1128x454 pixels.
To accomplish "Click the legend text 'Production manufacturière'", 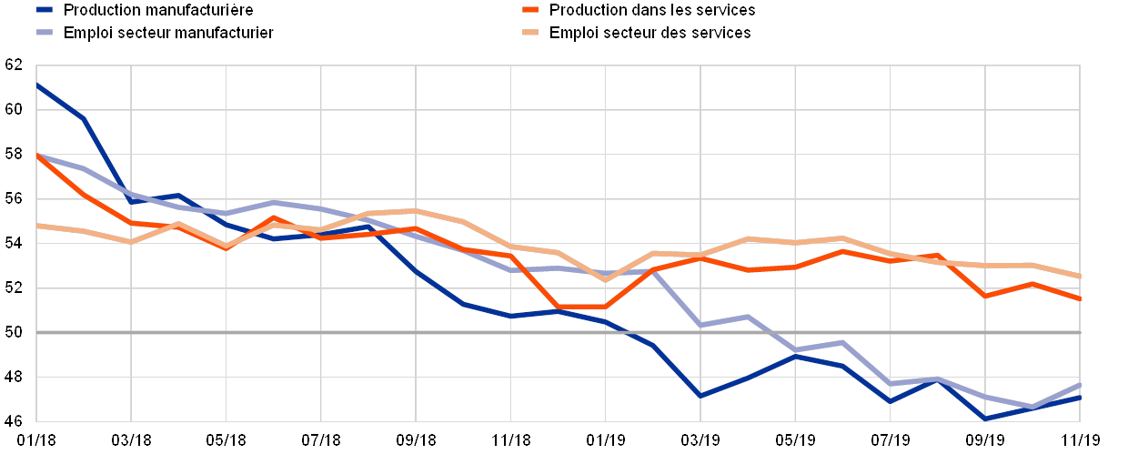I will pos(160,10).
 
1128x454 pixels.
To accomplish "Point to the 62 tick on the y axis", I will pos(14,66).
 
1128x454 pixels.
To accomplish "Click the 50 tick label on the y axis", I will pos(14,333).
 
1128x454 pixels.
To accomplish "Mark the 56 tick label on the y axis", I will pos(14,199).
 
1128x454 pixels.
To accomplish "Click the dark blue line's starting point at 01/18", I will pos(37,85).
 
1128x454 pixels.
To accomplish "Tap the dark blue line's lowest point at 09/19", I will pos(985,419).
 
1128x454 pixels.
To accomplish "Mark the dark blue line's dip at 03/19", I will pos(700,396).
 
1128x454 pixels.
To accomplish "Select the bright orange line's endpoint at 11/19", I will pos(1080,298).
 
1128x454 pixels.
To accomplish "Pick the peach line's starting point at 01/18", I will pos(37,225).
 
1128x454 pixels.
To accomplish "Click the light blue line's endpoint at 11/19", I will pos(1080,384).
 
